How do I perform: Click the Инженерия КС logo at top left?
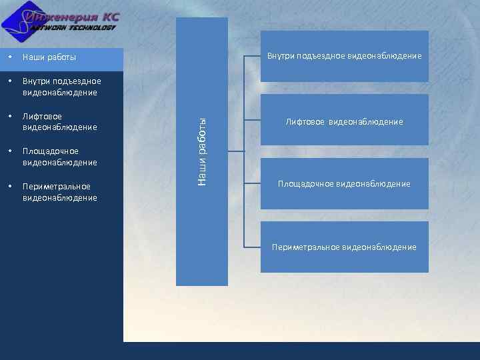point(63,22)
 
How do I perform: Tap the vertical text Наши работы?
point(203,151)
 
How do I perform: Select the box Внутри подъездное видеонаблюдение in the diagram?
point(344,56)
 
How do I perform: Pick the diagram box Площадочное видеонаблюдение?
point(344,183)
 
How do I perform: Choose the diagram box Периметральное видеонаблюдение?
point(344,247)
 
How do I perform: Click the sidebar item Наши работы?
point(49,57)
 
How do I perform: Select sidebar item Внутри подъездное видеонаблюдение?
point(61,87)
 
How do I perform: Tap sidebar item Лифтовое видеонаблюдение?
point(60,122)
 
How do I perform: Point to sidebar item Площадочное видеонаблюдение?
point(60,157)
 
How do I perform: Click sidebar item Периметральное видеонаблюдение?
point(60,192)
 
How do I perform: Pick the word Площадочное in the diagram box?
point(306,184)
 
